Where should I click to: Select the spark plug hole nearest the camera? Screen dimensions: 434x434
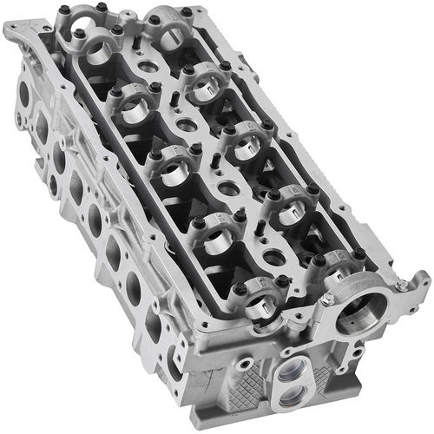tap(272, 257)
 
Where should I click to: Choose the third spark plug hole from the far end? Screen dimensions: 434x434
tap(228, 187)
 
